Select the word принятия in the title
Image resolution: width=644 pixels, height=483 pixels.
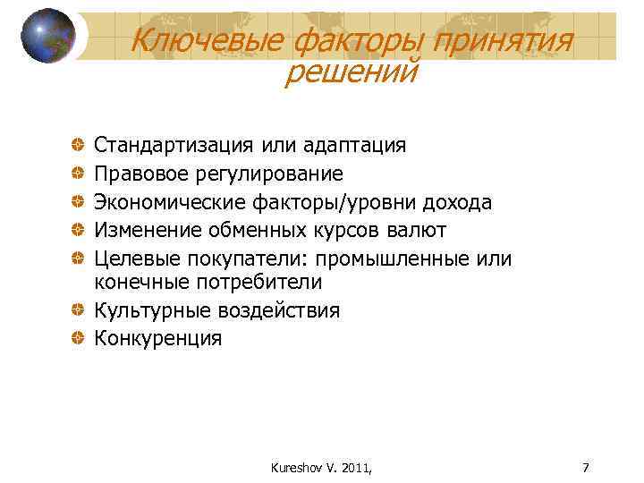point(504,39)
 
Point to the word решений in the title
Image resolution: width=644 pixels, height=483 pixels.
point(350,72)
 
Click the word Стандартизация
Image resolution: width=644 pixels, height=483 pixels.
point(175,145)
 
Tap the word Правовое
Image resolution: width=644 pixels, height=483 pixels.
point(145,174)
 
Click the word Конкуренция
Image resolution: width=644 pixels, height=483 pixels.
point(158,339)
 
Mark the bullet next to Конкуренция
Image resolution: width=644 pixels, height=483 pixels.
point(80,339)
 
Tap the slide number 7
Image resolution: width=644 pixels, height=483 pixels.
point(585,467)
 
